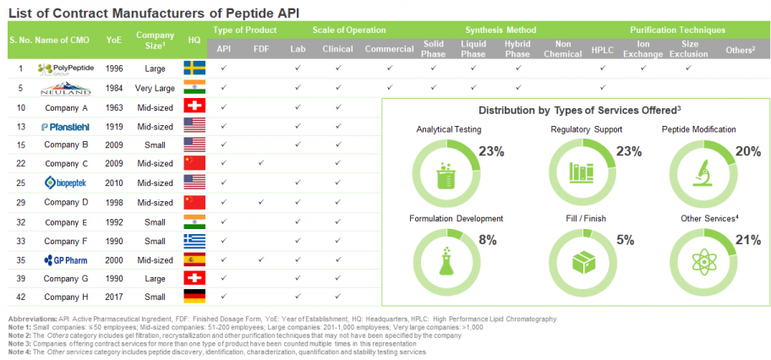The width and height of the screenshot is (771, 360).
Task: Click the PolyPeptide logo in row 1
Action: pos(66,68)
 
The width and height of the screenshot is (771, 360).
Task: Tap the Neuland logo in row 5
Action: pos(66,87)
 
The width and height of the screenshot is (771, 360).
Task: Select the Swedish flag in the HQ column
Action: pos(194,68)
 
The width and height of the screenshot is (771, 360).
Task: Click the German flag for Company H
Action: pos(194,296)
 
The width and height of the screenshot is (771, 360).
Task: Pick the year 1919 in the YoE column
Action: pos(113,126)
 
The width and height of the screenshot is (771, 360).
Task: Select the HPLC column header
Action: pos(603,48)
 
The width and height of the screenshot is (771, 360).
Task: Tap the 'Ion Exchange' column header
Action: pos(643,48)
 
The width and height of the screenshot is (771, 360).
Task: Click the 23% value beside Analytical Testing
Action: pos(491,151)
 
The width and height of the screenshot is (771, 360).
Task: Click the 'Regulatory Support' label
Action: pos(586,129)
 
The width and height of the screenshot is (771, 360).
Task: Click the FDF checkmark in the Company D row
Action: pos(260,201)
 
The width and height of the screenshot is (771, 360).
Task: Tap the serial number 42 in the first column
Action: pos(20,296)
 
